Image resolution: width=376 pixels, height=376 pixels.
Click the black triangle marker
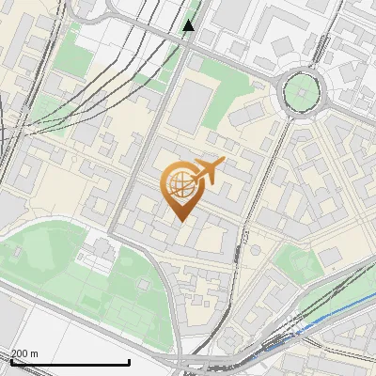(x=189, y=25)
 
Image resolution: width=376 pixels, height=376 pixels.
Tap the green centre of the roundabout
(x=301, y=91)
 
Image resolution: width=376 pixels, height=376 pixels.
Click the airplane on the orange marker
(x=208, y=171)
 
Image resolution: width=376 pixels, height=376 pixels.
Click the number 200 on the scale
(x=21, y=353)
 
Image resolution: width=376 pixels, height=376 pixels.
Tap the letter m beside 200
(x=35, y=353)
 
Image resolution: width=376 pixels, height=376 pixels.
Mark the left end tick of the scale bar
(x=10, y=361)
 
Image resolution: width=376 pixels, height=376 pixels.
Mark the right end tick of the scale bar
(x=129, y=361)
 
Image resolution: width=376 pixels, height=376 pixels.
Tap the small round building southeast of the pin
(x=254, y=251)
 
